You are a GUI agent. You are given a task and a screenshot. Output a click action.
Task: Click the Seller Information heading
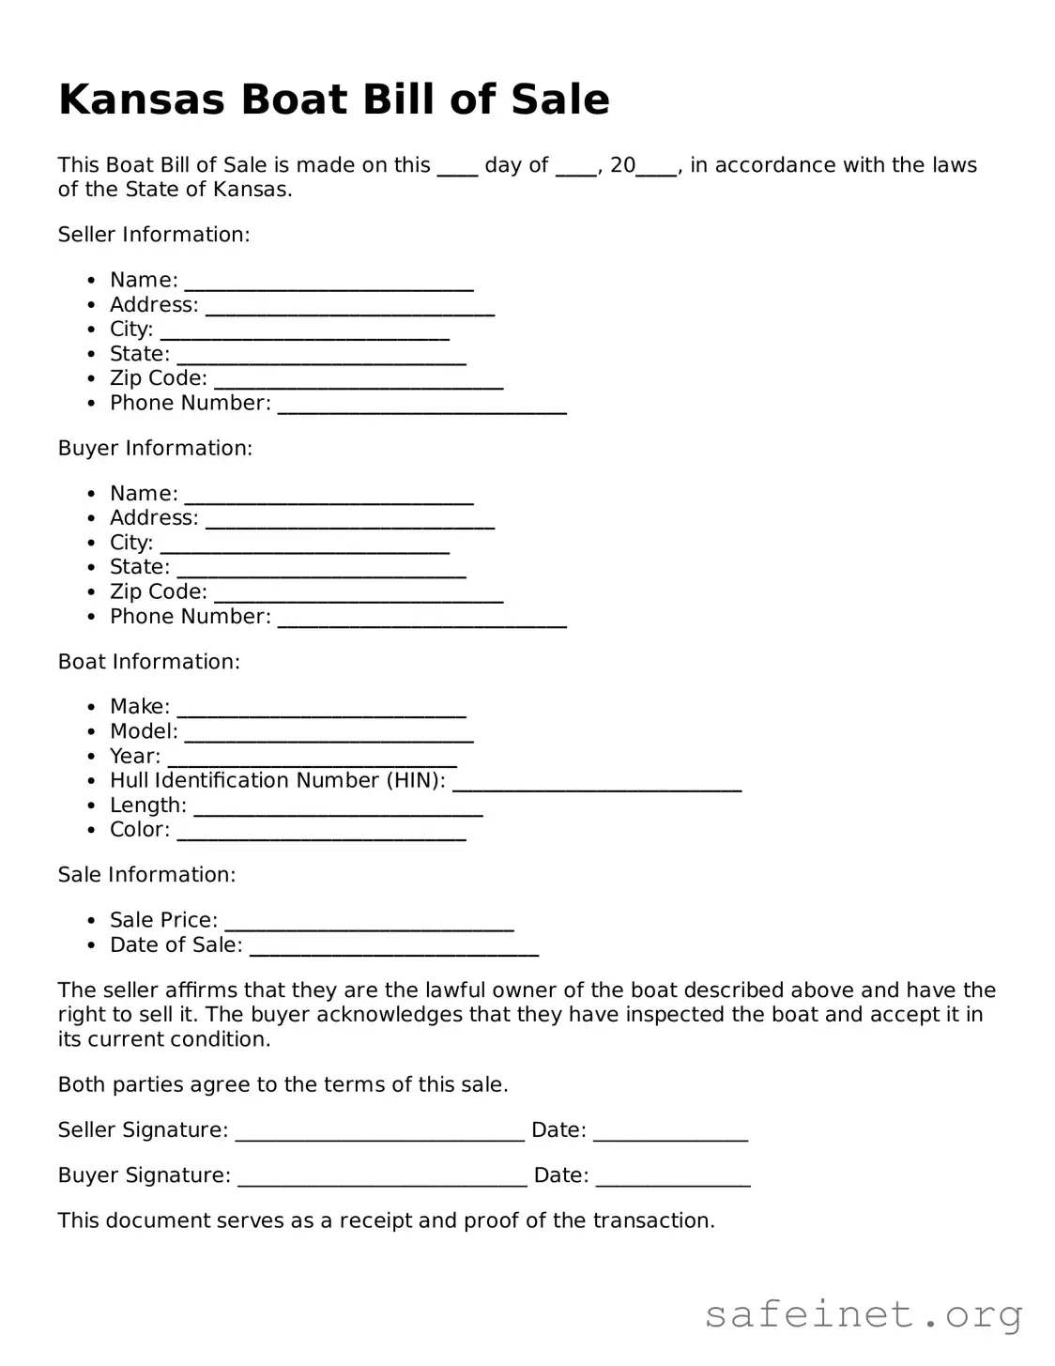[x=154, y=235]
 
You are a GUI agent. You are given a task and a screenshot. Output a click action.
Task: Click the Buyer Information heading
[x=155, y=449]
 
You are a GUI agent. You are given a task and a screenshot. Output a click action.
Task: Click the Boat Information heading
[x=149, y=662]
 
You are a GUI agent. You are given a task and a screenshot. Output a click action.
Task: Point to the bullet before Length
[x=91, y=806]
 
